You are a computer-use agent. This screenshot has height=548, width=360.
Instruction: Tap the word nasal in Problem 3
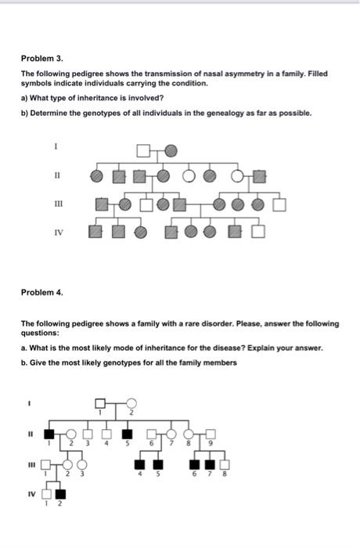click(198, 74)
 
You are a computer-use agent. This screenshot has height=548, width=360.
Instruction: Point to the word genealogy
click(239, 113)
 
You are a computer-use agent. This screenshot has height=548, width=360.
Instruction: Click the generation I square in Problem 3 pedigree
click(143, 150)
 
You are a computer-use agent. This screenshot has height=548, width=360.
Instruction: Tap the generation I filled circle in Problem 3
click(171, 150)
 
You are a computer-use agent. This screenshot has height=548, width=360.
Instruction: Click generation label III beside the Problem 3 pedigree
click(55, 204)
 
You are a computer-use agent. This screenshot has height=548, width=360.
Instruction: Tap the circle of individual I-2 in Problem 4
click(131, 403)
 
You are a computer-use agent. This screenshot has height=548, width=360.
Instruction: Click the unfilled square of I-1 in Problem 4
click(99, 403)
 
